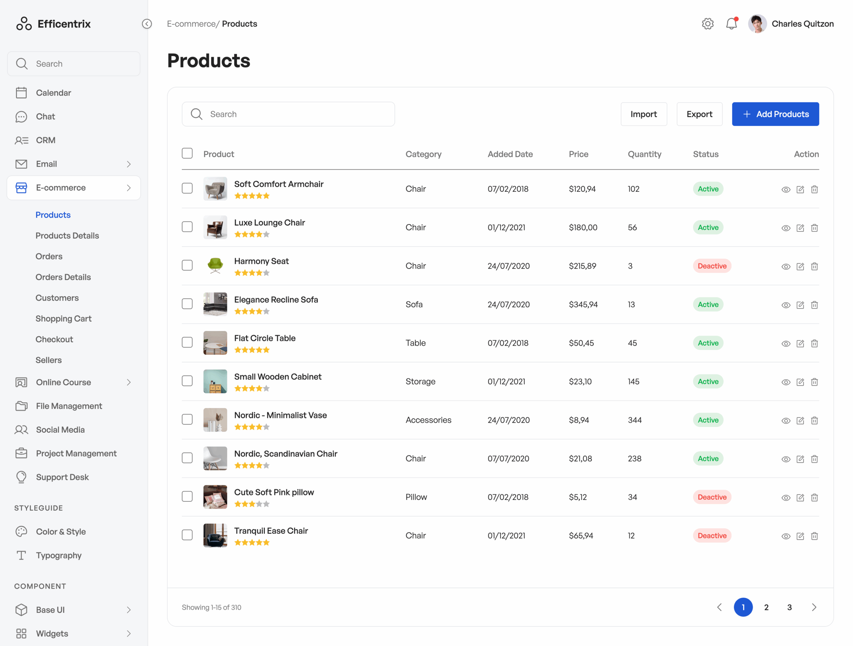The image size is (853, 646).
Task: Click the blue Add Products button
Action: (775, 114)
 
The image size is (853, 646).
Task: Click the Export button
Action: (699, 114)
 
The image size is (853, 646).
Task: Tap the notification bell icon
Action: (731, 24)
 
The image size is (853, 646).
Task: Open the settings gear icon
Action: (707, 24)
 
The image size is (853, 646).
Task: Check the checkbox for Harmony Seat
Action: (187, 265)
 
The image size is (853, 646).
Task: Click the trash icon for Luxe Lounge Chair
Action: (814, 228)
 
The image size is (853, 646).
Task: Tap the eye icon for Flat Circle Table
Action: (785, 344)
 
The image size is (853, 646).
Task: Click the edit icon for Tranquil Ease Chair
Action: (800, 536)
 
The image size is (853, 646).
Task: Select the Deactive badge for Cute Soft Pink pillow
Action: (711, 497)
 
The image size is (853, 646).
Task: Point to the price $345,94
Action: (583, 305)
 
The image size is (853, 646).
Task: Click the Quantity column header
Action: (644, 154)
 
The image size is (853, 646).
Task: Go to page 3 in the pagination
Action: (789, 607)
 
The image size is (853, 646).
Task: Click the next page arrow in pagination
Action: (814, 607)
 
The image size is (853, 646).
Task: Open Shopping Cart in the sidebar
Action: (63, 319)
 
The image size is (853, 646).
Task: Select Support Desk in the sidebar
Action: (62, 477)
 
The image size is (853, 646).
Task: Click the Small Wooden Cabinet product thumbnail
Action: (215, 381)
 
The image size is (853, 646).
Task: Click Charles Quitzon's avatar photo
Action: (757, 24)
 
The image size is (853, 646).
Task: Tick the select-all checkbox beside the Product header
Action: (187, 153)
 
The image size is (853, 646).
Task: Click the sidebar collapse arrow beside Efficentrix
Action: (147, 24)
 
